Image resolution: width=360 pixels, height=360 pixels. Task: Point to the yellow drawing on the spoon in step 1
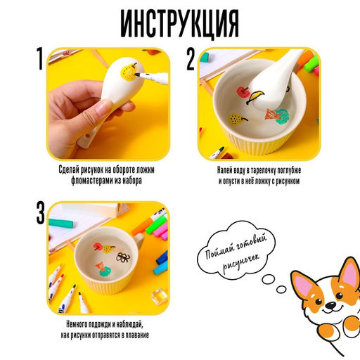126,70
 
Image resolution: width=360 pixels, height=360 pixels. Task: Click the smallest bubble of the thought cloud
281,288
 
